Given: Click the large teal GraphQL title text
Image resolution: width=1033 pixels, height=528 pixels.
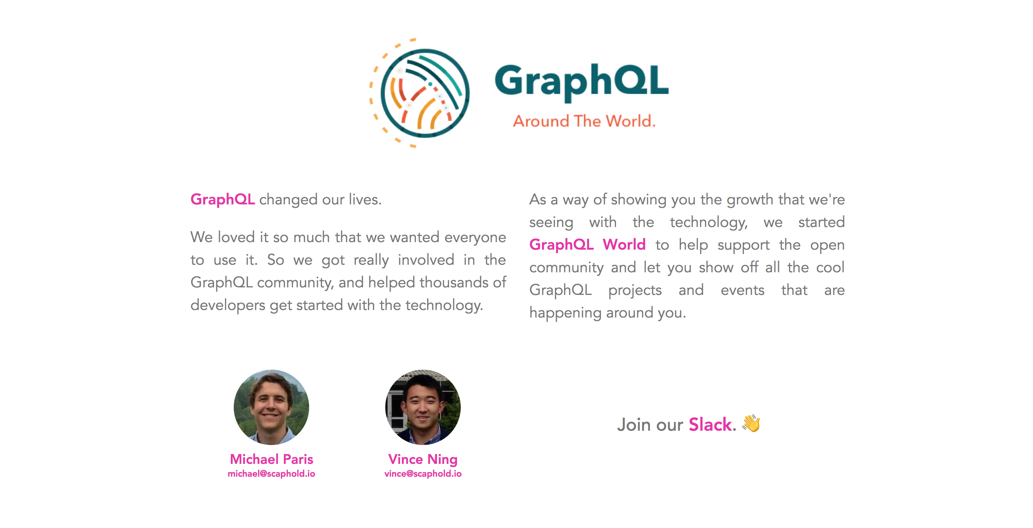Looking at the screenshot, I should [581, 81].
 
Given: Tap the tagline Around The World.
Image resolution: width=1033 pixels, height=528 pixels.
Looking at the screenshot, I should [584, 121].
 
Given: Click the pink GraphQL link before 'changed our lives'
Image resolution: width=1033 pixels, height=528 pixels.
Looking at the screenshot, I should [222, 200].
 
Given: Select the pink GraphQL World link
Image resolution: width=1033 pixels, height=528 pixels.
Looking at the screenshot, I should [587, 245].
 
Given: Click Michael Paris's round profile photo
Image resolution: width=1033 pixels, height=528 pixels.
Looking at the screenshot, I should [271, 407].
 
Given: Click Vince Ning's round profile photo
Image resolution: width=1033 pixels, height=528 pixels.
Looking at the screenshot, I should [423, 407].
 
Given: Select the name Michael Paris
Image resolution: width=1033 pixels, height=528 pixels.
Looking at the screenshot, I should [271, 459].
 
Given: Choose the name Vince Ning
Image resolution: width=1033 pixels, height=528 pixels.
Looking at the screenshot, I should [423, 459].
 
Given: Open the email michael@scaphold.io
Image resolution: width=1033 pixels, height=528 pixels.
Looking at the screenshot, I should [271, 474].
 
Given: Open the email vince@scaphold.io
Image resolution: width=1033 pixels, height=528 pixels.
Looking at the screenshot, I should [423, 474].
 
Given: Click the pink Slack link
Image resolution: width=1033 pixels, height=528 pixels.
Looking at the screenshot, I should [710, 425].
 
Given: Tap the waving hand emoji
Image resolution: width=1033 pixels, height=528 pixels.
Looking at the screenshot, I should [751, 423].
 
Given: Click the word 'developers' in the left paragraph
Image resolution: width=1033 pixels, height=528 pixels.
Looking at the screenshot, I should [227, 305].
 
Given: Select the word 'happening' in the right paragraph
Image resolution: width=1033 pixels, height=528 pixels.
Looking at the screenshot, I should [565, 313].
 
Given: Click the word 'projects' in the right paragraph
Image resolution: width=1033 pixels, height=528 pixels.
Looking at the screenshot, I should [635, 290].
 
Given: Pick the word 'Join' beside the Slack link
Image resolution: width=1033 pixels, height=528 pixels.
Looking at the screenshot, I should [634, 425].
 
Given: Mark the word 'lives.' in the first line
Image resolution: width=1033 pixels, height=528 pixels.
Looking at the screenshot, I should [365, 200].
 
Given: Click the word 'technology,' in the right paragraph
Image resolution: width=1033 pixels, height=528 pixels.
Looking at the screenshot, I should [708, 222].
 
